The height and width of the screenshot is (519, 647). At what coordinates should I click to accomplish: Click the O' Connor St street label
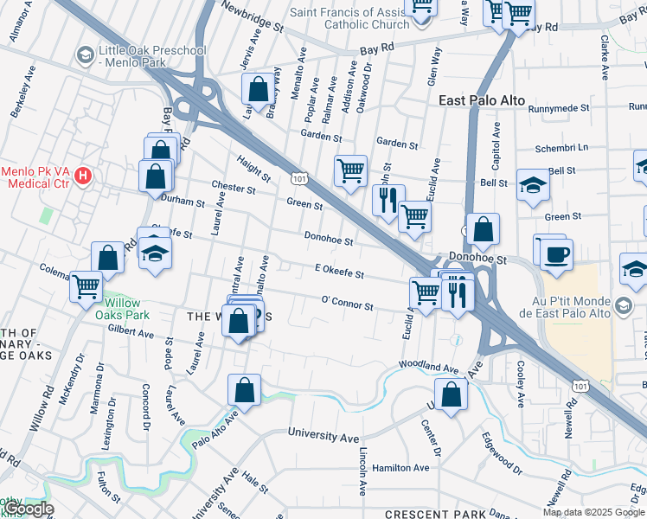[347, 305]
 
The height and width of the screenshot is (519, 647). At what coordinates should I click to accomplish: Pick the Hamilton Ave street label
[400, 468]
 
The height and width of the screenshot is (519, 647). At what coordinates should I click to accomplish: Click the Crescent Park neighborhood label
[438, 513]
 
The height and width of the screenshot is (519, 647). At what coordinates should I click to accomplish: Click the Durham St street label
[183, 202]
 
